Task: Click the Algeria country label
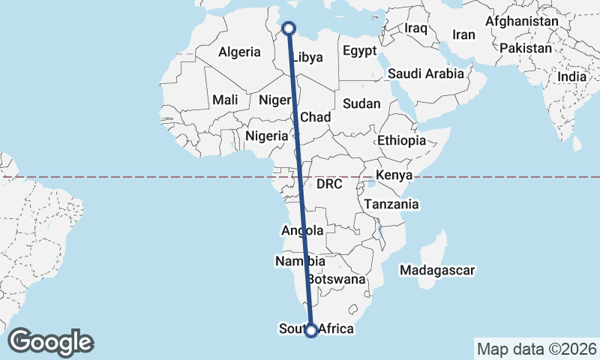pyautogui.click(x=239, y=52)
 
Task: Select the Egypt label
pyautogui.click(x=359, y=51)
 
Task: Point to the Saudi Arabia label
pyautogui.click(x=426, y=73)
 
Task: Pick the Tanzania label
pyautogui.click(x=391, y=204)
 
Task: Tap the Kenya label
pyautogui.click(x=394, y=175)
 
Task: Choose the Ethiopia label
pyautogui.click(x=401, y=140)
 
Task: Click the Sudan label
pyautogui.click(x=362, y=103)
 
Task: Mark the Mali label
pyautogui.click(x=225, y=100)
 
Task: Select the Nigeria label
pyautogui.click(x=267, y=136)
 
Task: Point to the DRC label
pyautogui.click(x=329, y=184)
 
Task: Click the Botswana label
pyautogui.click(x=337, y=279)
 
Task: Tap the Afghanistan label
pyautogui.click(x=521, y=22)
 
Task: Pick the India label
pyautogui.click(x=572, y=76)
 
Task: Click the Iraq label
pyautogui.click(x=415, y=28)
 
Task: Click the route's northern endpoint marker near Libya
pyautogui.click(x=289, y=28)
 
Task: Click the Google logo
pyautogui.click(x=50, y=342)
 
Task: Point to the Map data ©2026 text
pyautogui.click(x=536, y=349)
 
